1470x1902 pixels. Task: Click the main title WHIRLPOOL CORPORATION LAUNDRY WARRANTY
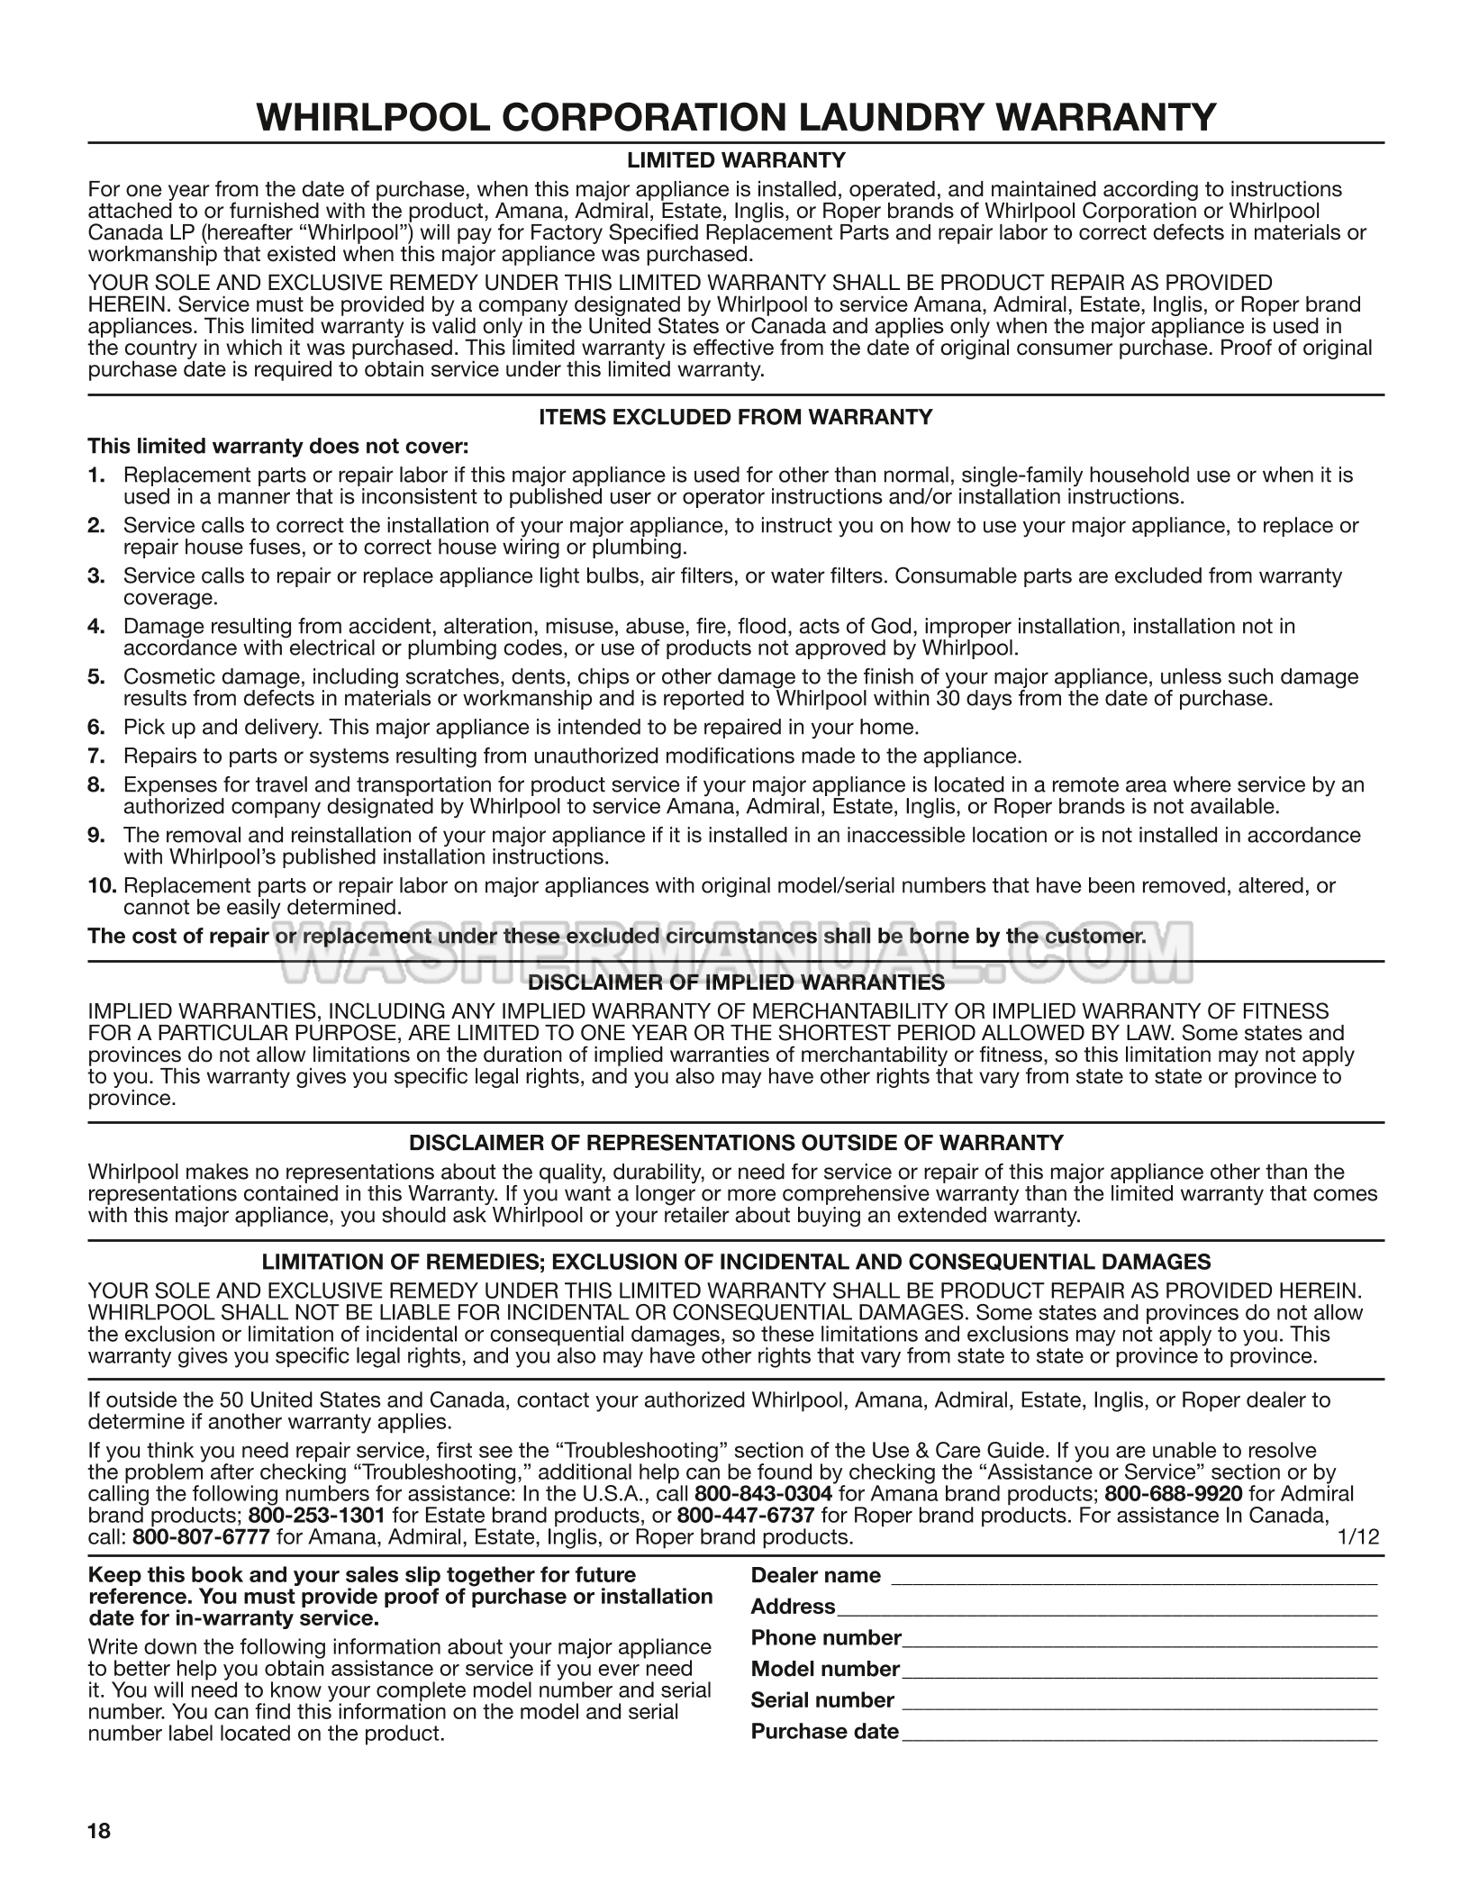click(x=735, y=117)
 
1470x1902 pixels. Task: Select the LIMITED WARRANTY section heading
click(x=735, y=160)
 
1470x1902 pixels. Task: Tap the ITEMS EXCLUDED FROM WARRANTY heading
click(x=735, y=417)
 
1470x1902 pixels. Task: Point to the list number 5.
click(x=96, y=677)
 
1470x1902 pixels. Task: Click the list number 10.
click(x=102, y=886)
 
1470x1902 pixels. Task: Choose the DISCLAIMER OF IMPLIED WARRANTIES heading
click(x=735, y=983)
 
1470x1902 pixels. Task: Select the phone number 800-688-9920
click(x=1173, y=1494)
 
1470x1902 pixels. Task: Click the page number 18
click(x=99, y=1831)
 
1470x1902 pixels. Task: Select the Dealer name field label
click(x=815, y=1576)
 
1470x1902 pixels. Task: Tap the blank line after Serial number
click(x=1139, y=1701)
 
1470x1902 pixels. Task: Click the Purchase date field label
click(x=824, y=1732)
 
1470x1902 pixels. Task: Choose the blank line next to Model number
click(x=1139, y=1671)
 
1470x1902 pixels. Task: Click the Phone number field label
click(x=826, y=1638)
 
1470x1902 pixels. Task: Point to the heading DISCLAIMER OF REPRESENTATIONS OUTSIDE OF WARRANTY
click(x=735, y=1144)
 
